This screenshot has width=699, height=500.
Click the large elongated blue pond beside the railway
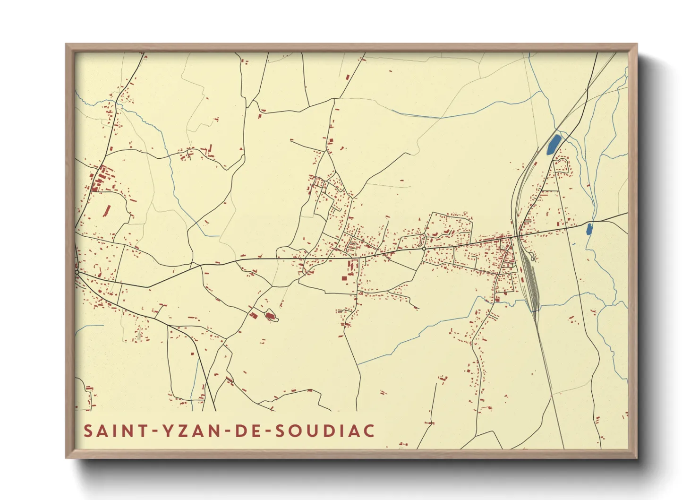[x=553, y=145]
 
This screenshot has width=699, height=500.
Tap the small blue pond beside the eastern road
[x=589, y=229]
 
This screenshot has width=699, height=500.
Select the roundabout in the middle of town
[x=424, y=249]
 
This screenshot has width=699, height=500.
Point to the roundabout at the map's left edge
[x=77, y=272]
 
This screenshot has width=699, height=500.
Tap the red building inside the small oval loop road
[x=270, y=315]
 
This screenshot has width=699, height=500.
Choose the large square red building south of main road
[x=352, y=266]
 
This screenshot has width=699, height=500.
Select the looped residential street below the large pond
[x=562, y=165]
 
